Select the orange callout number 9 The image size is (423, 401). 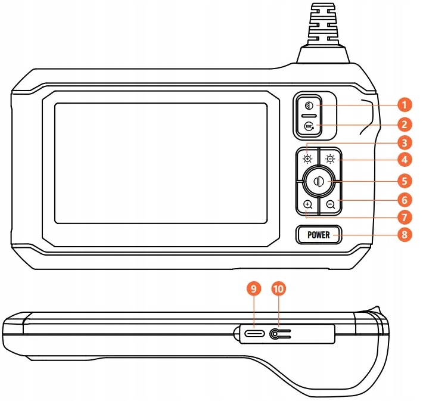tap(254, 289)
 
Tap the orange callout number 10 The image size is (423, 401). tap(278, 289)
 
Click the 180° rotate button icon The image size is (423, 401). tap(309, 126)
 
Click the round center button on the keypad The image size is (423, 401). tap(319, 181)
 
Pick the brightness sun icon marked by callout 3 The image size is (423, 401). tap(307, 158)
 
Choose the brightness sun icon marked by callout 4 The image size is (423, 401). tap(330, 158)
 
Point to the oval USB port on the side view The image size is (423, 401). tap(254, 335)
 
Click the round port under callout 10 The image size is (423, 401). tap(276, 335)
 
